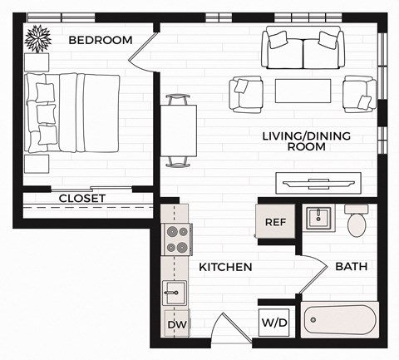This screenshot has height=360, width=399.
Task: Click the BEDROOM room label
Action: [101, 40]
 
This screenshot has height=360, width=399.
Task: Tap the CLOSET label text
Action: [82, 198]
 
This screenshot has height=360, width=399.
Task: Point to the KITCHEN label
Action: [225, 268]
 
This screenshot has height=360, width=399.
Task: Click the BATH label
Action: [350, 267]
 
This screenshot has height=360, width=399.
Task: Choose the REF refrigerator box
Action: [275, 222]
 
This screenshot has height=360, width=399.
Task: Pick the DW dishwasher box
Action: [176, 324]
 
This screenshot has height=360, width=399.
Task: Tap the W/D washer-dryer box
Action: [275, 321]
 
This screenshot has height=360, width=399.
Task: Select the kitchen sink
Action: [175, 293]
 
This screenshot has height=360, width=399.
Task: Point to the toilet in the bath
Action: [357, 219]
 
